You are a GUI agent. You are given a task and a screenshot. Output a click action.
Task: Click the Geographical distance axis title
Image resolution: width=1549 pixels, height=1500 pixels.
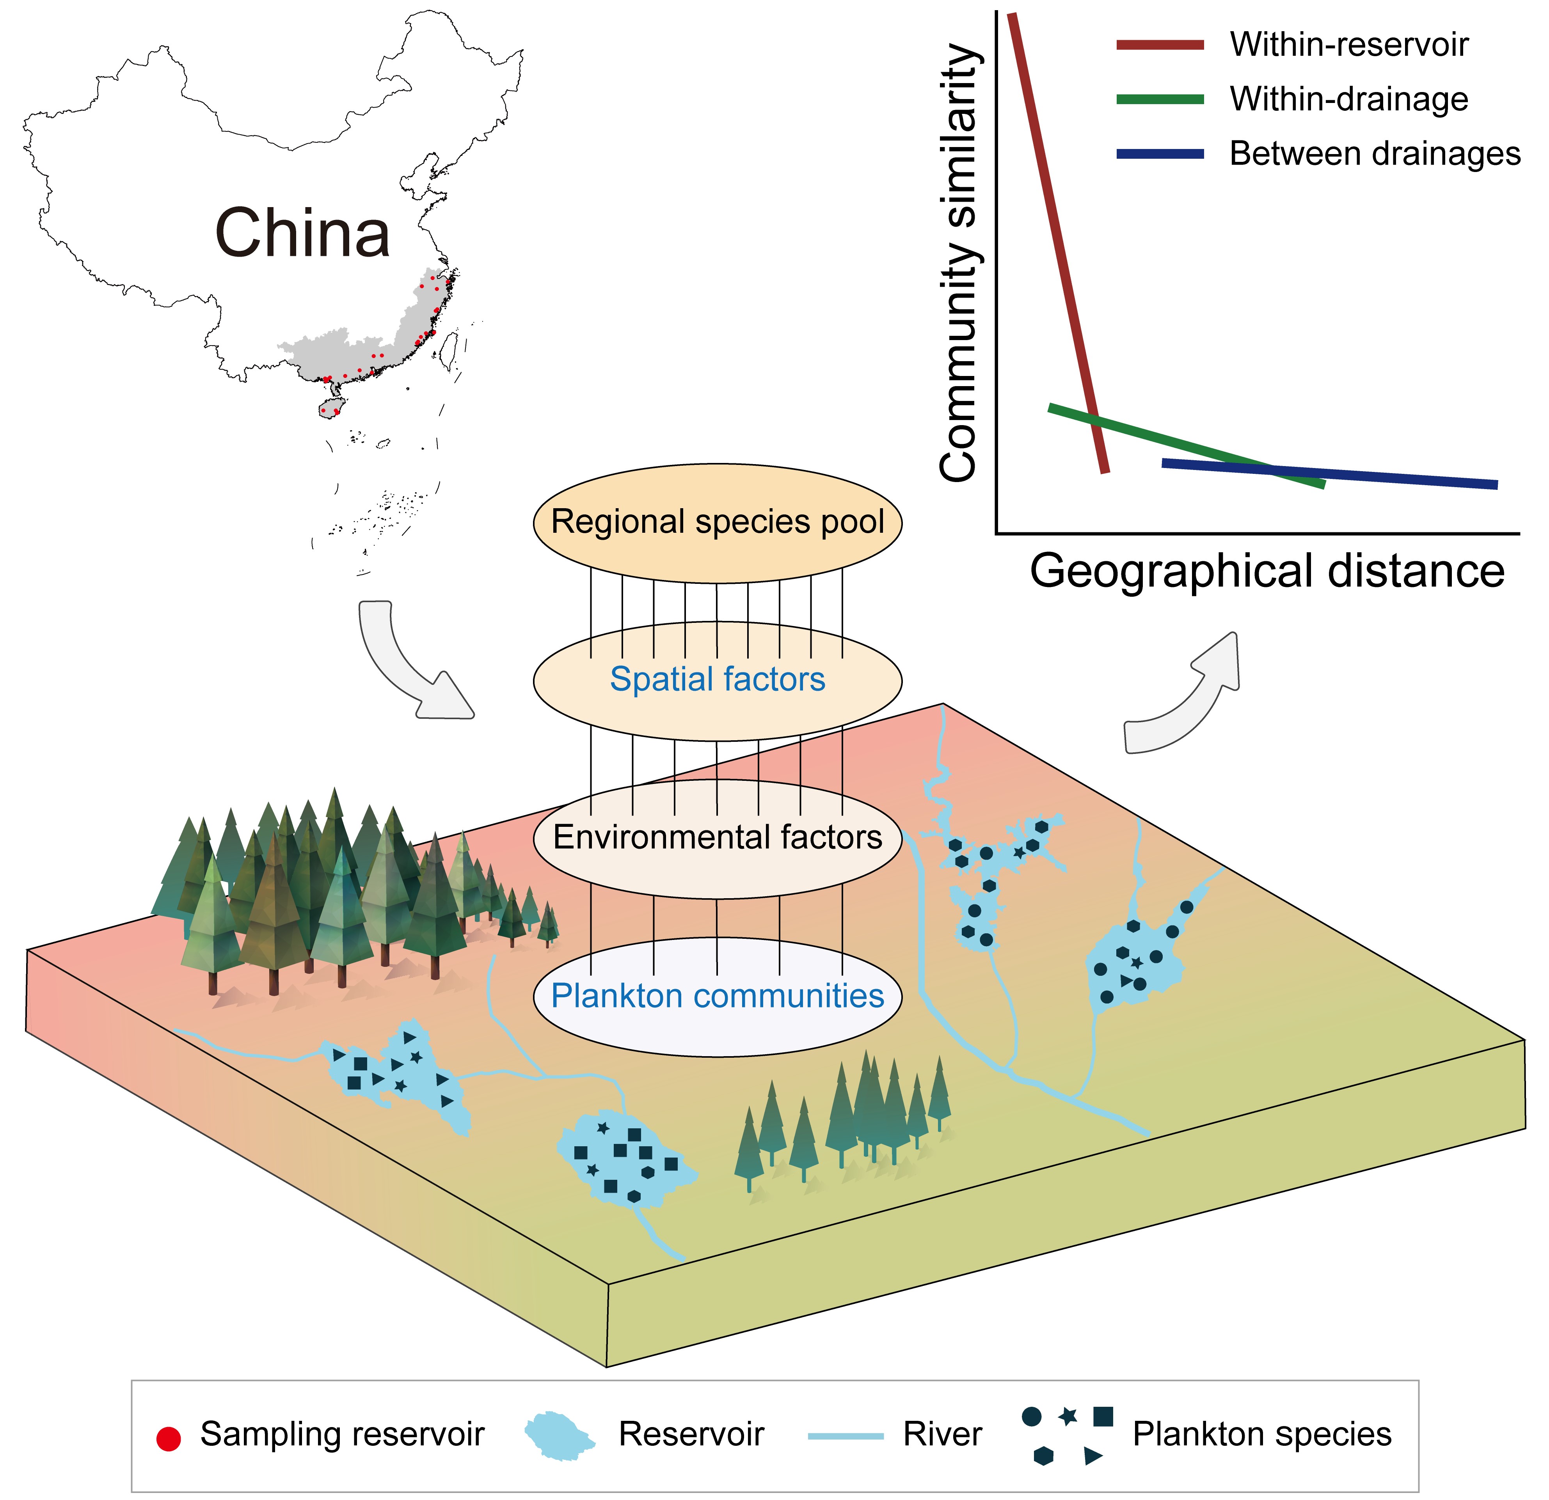click(x=1267, y=571)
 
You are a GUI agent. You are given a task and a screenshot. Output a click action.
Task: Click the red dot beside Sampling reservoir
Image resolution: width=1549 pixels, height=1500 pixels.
click(x=168, y=1439)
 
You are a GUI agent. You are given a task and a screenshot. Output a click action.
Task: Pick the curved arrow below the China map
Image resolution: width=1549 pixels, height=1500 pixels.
click(x=407, y=663)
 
